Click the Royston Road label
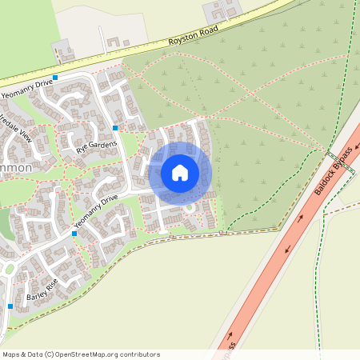(x=193, y=40)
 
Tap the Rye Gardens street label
(x=97, y=145)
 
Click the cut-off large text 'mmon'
(x=16, y=169)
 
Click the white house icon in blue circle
(x=180, y=173)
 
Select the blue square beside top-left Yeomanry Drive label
(x=55, y=77)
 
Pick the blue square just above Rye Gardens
(x=116, y=127)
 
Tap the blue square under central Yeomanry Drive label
(x=74, y=234)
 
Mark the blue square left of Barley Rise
(x=10, y=306)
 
